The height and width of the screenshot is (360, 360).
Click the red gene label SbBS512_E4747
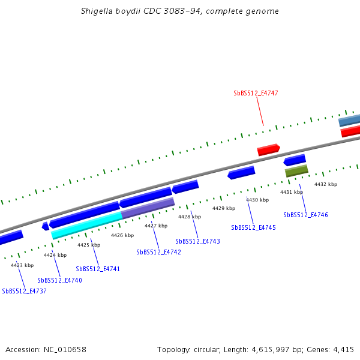[256, 94]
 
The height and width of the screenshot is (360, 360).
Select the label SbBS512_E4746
[305, 215]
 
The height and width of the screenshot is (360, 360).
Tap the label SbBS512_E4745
[253, 227]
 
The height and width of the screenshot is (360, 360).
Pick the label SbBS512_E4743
[197, 241]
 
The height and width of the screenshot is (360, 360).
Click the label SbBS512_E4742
[158, 253]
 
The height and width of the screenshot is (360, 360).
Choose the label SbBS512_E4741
[98, 269]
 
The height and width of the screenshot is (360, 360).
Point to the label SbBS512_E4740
[59, 280]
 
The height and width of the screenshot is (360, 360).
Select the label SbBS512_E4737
[24, 291]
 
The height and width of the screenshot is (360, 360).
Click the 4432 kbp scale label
[326, 184]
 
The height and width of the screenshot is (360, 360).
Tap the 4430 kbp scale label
[257, 200]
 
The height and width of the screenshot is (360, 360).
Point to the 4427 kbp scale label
[156, 226]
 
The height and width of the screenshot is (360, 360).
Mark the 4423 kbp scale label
[22, 265]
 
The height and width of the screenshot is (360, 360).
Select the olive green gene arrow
[296, 171]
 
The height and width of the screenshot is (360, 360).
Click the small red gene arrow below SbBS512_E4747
[268, 149]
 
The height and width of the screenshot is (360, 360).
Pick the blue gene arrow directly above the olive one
[295, 160]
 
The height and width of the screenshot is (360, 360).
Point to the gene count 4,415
[343, 349]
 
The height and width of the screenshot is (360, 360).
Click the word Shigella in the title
[98, 11]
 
